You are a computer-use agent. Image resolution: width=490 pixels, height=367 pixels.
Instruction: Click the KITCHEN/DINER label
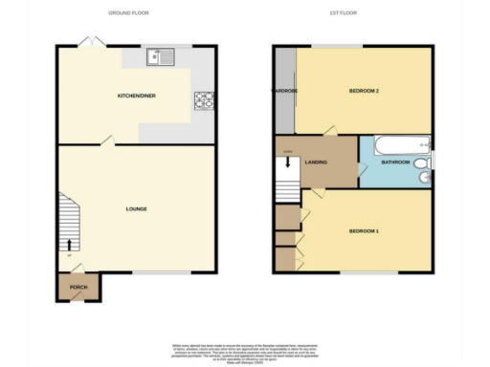pyautogui.click(x=137, y=97)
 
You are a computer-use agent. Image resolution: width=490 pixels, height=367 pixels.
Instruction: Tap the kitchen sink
pyautogui.click(x=159, y=58)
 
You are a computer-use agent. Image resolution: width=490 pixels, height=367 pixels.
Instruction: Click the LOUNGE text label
pyautogui.click(x=136, y=208)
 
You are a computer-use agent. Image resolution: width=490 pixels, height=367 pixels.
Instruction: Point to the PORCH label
pyautogui.click(x=78, y=287)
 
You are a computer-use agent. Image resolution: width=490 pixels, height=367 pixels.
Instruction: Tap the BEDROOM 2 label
pyautogui.click(x=365, y=91)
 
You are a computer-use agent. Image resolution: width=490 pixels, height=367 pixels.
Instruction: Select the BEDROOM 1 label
pyautogui.click(x=364, y=231)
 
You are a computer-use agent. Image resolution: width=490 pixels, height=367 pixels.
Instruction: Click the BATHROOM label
pyautogui.click(x=394, y=163)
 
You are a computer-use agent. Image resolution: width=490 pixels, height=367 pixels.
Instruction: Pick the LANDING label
pyautogui.click(x=317, y=162)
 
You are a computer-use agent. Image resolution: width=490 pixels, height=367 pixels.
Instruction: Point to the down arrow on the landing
pyautogui.click(x=286, y=162)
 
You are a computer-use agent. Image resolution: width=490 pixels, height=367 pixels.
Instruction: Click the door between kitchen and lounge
pyautogui.click(x=107, y=141)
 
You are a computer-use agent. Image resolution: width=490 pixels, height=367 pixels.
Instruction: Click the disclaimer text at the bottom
pyautogui.click(x=245, y=352)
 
